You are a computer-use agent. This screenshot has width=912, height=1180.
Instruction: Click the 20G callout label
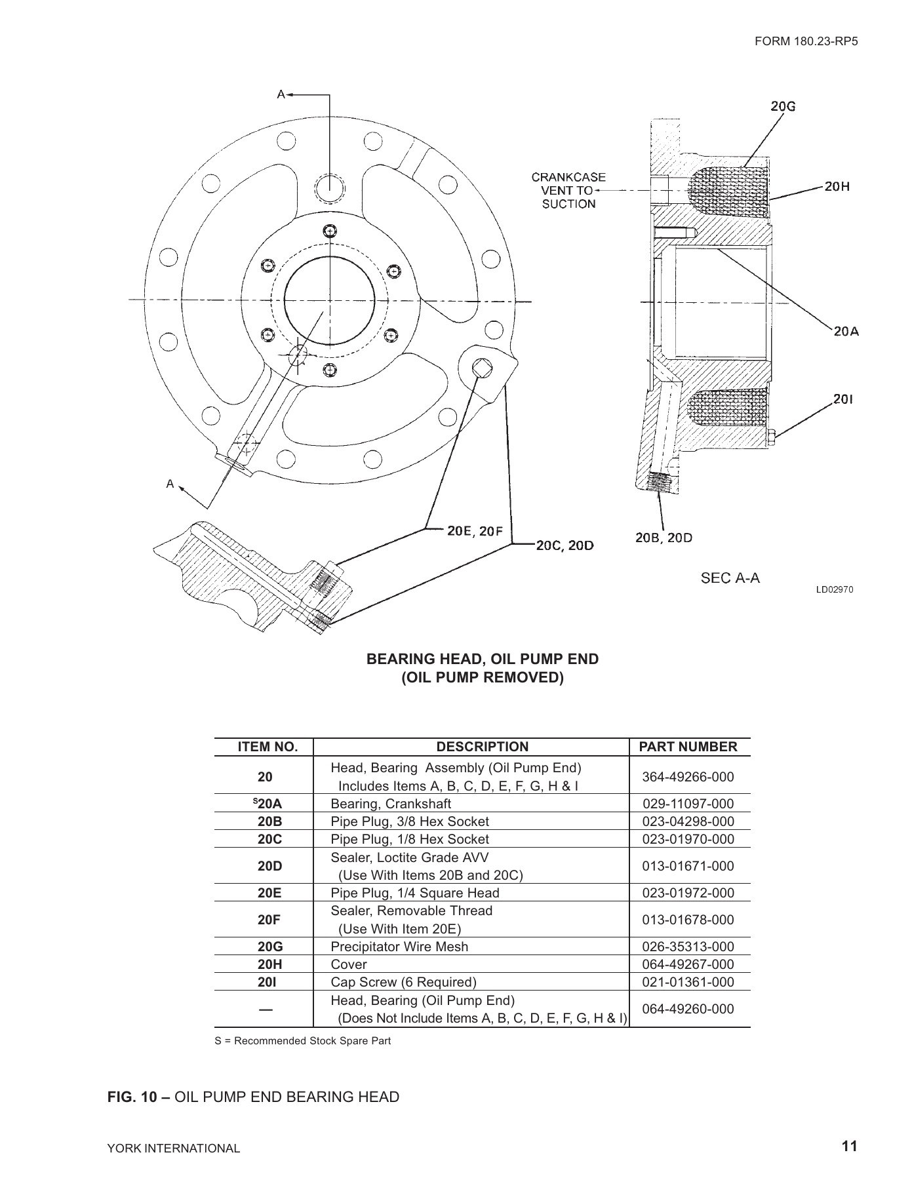[783, 107]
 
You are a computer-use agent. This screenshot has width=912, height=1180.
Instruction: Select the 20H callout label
[837, 186]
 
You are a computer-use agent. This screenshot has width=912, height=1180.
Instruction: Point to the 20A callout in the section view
[846, 331]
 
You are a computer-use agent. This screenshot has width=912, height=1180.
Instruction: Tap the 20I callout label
[843, 399]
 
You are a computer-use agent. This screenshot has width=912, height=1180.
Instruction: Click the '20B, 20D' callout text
[664, 538]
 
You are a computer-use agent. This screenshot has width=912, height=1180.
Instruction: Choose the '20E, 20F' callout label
[475, 531]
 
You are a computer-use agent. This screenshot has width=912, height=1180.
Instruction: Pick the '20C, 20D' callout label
[565, 545]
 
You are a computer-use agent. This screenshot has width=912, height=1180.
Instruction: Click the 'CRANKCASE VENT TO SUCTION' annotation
[568, 190]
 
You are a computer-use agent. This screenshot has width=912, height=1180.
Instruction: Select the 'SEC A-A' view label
[730, 578]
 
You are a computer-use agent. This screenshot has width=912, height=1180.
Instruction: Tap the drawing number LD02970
[834, 589]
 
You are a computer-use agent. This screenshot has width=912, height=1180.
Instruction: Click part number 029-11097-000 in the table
[688, 804]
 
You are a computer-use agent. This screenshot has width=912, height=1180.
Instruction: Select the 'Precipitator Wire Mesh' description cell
[399, 947]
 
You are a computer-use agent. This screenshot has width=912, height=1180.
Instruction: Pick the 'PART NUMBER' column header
[688, 747]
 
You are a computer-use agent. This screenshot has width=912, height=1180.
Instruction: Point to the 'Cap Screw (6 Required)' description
[403, 982]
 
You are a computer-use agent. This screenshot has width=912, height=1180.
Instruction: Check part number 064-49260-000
[688, 1009]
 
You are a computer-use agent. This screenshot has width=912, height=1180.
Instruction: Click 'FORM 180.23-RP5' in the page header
[806, 41]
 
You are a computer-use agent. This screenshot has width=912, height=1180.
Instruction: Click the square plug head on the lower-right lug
[483, 368]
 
